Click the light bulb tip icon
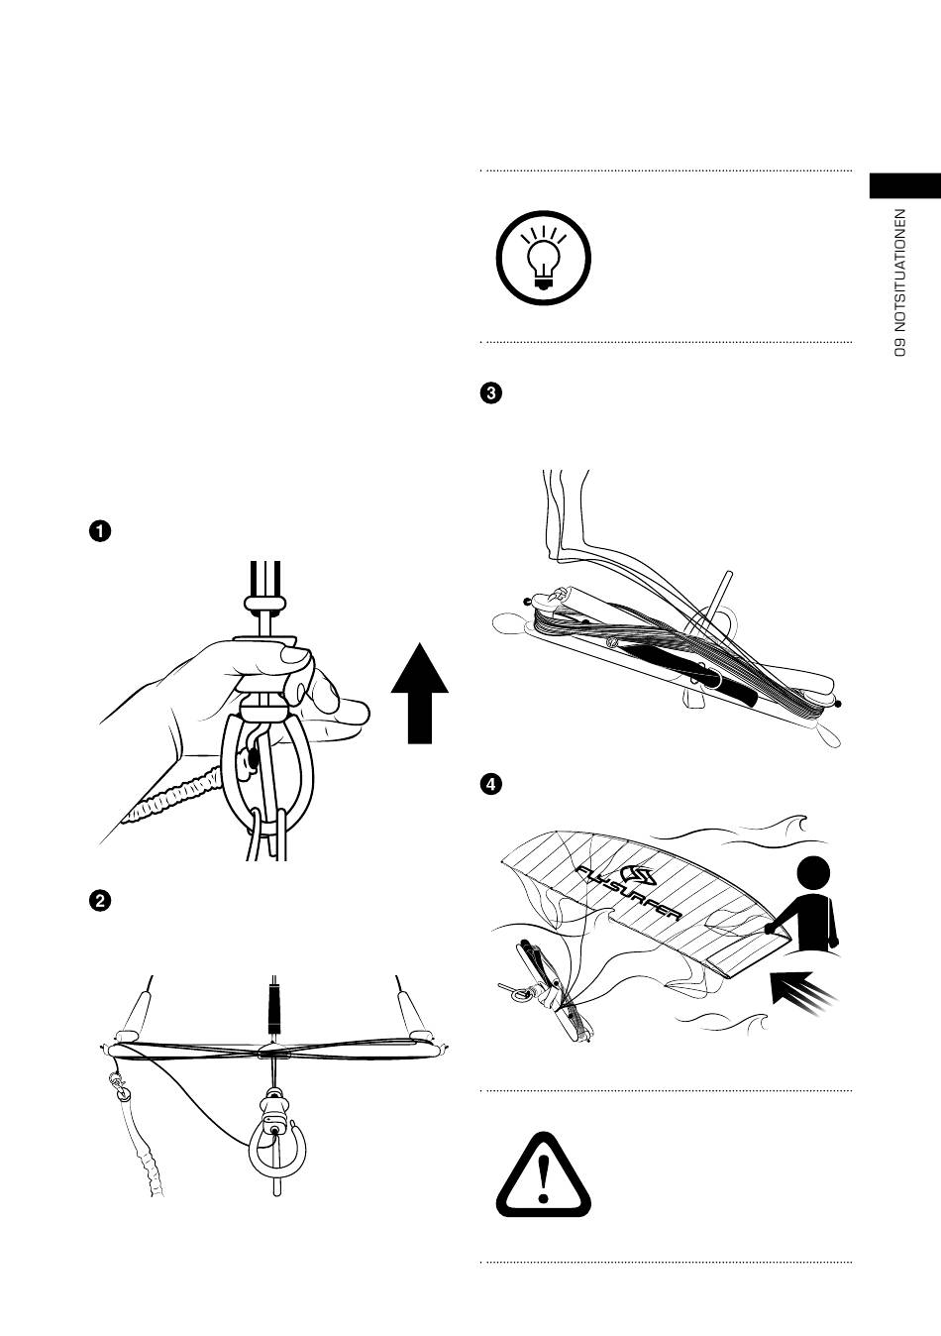pyautogui.click(x=542, y=258)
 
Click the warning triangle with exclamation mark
pyautogui.click(x=543, y=1175)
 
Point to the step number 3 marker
pyautogui.click(x=489, y=392)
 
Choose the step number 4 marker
pyautogui.click(x=489, y=784)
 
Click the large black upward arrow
pyautogui.click(x=420, y=692)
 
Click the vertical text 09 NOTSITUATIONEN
pyautogui.click(x=899, y=281)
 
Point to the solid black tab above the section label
pyautogui.click(x=904, y=186)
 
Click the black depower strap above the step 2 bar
pyautogui.click(x=274, y=1005)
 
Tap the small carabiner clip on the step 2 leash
pyautogui.click(x=121, y=1089)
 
